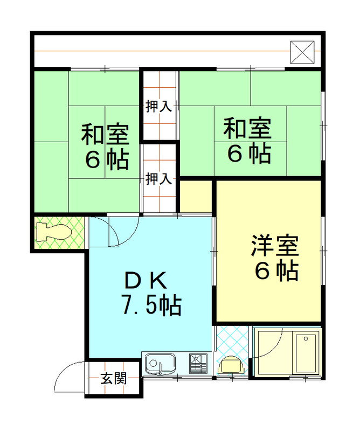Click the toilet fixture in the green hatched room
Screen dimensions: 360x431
54,232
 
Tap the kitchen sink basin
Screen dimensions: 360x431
160,365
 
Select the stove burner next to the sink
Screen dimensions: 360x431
198,364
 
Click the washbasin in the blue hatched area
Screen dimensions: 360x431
231,366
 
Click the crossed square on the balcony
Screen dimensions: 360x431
302,52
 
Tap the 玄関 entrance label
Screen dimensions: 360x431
114,378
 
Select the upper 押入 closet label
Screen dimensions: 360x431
158,106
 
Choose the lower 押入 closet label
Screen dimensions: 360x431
158,179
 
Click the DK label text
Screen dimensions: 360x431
146,280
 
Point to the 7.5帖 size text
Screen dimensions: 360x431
151,305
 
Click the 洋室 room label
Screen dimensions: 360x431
274,246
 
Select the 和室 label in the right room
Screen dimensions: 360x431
247,128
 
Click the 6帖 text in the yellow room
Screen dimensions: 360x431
276,270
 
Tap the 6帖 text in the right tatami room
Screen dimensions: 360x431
249,153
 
